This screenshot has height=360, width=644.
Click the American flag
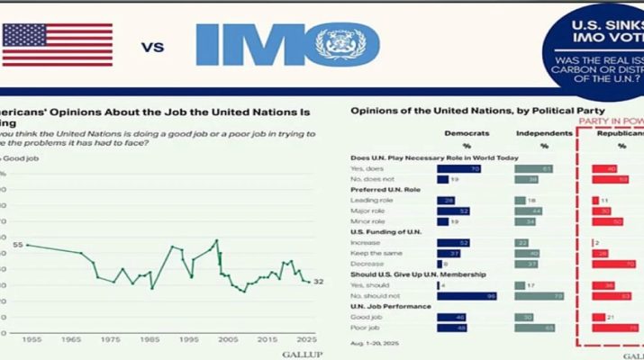coord(57,45)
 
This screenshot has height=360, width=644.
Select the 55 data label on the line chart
coord(17,245)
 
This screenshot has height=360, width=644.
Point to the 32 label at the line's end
coord(318,282)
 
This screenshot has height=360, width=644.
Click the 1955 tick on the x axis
coord(32,339)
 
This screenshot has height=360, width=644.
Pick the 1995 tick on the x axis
coord(189,339)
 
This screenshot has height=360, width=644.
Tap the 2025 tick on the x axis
coord(306,339)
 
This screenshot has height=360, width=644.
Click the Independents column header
coord(542,133)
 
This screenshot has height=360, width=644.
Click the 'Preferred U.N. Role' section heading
coord(386,190)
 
